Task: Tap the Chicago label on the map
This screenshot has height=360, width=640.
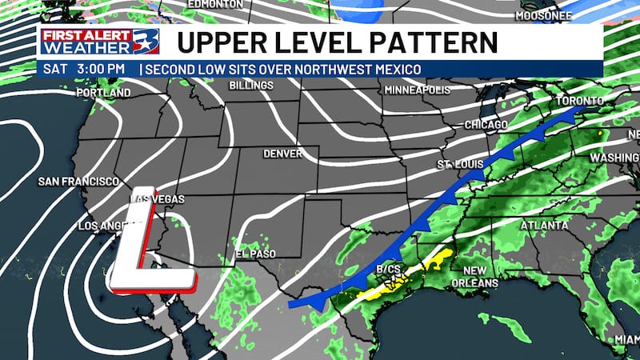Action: [x=486, y=126]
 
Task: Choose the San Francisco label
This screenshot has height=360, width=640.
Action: [x=78, y=182]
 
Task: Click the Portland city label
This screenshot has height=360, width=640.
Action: [x=103, y=94]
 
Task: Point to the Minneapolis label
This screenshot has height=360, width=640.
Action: [x=418, y=90]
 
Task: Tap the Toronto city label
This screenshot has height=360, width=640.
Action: [x=580, y=101]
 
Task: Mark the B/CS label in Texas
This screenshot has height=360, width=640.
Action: [x=388, y=270]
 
